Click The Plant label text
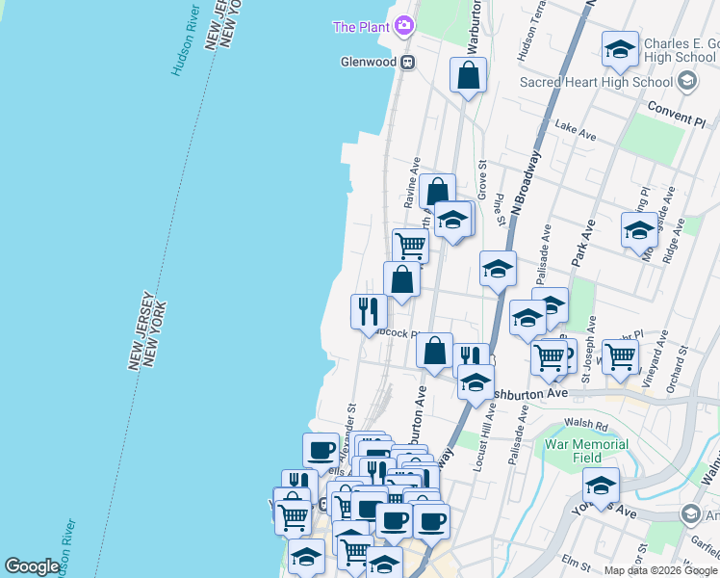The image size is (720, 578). point(361,27)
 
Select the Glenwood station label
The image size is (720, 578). point(369,63)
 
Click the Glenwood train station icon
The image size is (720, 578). point(408,63)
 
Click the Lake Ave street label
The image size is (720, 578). point(576,126)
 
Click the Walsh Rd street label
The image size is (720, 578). point(586,424)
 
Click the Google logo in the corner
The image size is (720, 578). point(32,566)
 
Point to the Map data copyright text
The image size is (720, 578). point(661,570)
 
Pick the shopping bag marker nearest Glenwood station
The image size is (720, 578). point(468,76)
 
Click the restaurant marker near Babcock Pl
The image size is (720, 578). point(369,312)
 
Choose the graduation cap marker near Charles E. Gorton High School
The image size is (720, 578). point(620,49)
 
